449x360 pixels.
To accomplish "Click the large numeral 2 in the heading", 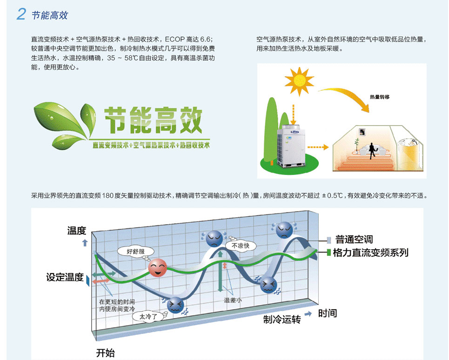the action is (x=21, y=14).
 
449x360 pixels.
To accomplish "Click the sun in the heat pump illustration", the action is (x=299, y=81).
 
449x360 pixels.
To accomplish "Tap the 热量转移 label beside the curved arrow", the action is (x=380, y=97).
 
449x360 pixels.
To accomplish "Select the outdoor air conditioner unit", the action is (x=291, y=146).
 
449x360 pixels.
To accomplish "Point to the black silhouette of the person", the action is (x=372, y=151).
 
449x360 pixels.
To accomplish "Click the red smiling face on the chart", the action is (x=157, y=268).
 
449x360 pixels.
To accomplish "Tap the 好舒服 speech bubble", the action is (x=136, y=252).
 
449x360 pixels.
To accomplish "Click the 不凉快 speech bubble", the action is (x=241, y=246).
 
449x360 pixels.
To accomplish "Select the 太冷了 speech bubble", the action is (x=148, y=316).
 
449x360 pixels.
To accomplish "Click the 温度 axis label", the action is (x=77, y=230).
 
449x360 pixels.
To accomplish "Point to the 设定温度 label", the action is (x=65, y=277).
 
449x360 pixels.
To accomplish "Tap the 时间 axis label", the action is (x=328, y=313).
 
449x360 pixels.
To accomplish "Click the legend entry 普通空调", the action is (x=354, y=239).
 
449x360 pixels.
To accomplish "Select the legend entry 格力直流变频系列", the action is (x=370, y=253).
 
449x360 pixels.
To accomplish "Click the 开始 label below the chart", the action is (x=105, y=353).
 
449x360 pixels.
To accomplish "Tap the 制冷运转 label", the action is (x=282, y=319).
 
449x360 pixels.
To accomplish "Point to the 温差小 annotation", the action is (x=233, y=300).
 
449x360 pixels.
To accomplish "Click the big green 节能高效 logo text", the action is (x=153, y=120).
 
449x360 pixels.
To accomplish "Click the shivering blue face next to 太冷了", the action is (x=175, y=305).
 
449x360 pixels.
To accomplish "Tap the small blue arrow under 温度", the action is (x=85, y=243).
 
